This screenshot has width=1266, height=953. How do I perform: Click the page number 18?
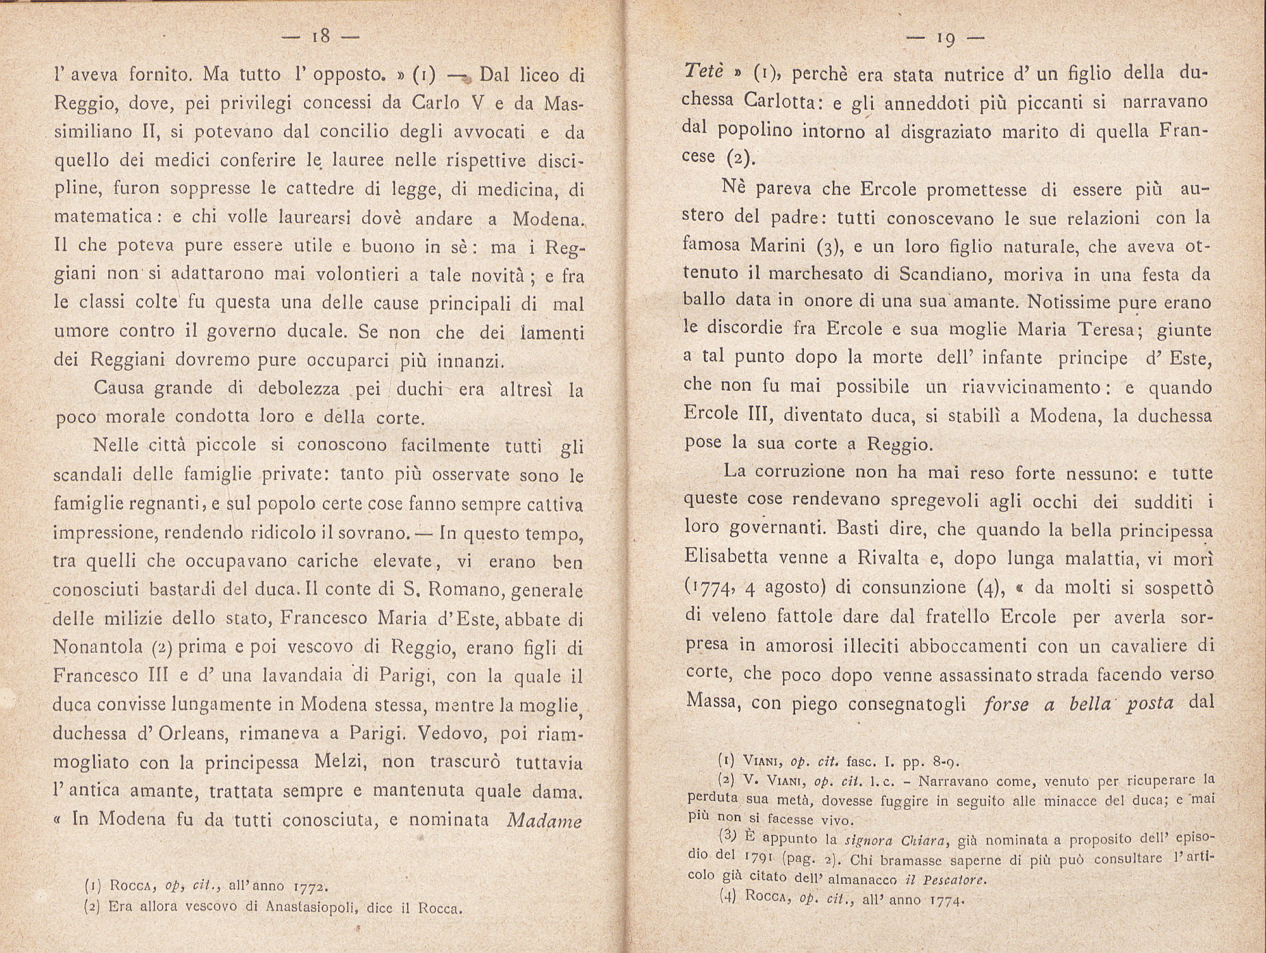(322, 36)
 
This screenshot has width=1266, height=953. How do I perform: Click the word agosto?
(796, 587)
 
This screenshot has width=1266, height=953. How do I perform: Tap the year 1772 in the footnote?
(310, 885)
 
